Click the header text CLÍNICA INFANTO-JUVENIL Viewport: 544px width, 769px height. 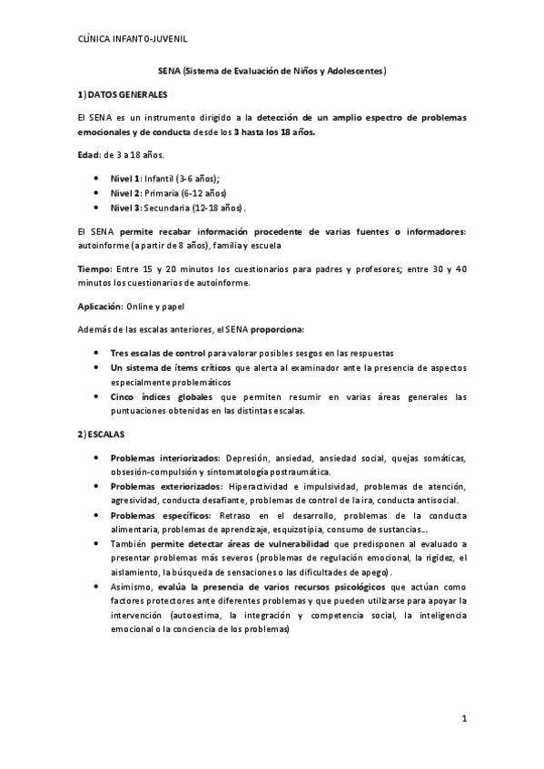tap(133, 38)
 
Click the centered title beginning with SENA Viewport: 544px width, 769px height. tap(272, 70)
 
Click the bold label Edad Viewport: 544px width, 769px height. tap(88, 155)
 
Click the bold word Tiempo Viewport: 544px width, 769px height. tap(95, 269)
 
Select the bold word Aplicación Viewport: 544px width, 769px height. tap(101, 307)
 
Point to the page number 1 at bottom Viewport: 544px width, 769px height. tap(463, 720)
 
